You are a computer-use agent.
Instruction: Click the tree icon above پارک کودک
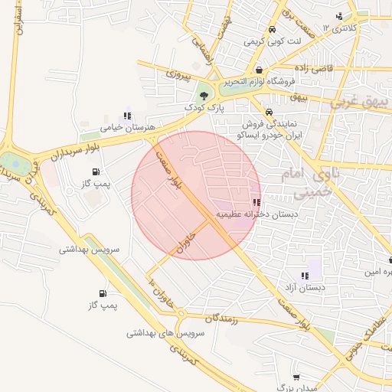tap(204, 96)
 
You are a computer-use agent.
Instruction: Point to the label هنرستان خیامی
tap(128, 126)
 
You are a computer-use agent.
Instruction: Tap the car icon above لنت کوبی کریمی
tap(273, 30)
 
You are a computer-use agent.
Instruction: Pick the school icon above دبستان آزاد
tap(305, 276)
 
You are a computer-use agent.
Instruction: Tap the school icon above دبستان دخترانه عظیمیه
tap(256, 204)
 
